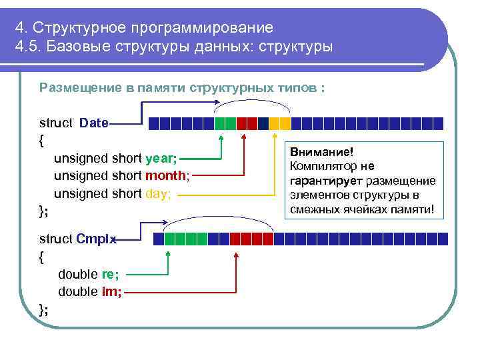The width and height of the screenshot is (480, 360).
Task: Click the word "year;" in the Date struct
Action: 161,159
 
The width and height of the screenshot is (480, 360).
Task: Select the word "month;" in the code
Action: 167,176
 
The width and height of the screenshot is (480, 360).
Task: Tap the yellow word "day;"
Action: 158,193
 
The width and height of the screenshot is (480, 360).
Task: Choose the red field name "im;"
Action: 111,291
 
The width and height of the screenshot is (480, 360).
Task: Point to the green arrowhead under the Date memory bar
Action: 221,136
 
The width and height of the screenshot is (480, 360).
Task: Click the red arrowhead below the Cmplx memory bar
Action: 235,253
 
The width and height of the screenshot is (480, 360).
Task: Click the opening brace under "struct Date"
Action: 42,141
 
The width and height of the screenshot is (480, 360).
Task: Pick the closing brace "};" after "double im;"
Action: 43,309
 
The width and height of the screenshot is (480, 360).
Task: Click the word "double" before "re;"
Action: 77,274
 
